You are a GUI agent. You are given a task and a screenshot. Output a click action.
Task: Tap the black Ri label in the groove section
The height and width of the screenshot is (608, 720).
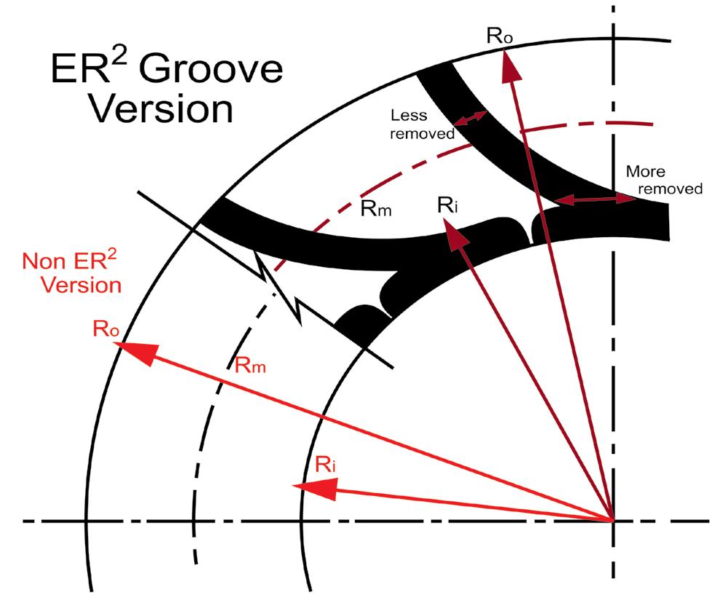447,204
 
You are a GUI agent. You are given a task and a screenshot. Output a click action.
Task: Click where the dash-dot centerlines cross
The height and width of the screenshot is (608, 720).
614,521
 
